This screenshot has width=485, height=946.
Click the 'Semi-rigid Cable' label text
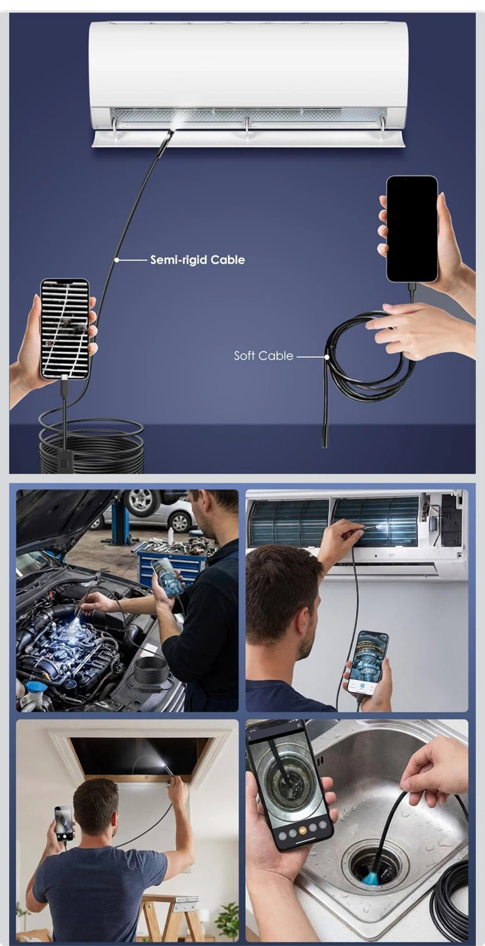click(198, 259)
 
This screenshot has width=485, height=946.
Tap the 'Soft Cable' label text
click(264, 355)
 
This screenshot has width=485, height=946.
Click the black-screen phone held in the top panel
click(412, 229)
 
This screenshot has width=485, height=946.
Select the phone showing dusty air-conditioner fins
click(65, 329)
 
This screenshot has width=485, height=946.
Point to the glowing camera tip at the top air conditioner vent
click(175, 122)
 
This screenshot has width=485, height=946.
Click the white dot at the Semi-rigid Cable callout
click(116, 260)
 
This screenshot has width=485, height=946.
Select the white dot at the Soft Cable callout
click(327, 357)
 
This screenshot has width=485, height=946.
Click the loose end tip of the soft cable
click(325, 441)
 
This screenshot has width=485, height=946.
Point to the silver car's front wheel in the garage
click(180, 522)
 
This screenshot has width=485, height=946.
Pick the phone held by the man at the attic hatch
click(64, 822)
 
